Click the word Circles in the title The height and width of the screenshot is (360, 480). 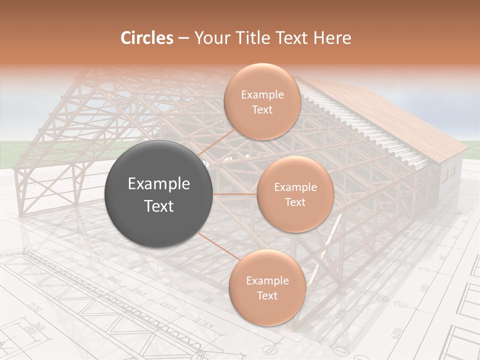[147, 38]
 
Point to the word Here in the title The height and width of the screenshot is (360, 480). [332, 38]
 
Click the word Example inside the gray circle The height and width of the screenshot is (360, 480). [159, 184]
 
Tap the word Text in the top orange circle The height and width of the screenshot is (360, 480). [262, 109]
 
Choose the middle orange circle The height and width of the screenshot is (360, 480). [295, 194]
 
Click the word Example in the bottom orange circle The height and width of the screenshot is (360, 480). [267, 280]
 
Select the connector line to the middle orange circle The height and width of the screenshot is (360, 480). [235, 194]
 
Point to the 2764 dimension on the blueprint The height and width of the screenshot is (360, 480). [204, 323]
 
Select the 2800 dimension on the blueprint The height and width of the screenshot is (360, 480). [31, 330]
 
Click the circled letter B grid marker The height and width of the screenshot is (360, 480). [270, 350]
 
